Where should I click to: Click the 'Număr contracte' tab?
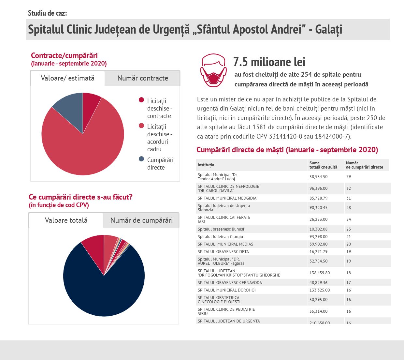(142, 78)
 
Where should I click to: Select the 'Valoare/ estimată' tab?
(67, 78)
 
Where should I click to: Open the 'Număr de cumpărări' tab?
(141, 220)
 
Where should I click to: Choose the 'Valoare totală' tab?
(66, 220)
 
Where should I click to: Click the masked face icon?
(213, 70)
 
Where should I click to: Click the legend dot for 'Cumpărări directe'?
(141, 159)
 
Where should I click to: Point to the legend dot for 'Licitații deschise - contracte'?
(141, 100)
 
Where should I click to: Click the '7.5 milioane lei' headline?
(269, 62)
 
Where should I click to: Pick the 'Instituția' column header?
(206, 165)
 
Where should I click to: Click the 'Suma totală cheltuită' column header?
(323, 165)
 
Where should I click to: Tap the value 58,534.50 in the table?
(318, 177)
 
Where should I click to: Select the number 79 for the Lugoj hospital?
(349, 177)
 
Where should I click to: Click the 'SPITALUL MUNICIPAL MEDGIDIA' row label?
(227, 198)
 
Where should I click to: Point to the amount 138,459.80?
(320, 273)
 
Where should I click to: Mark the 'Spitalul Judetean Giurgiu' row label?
(220, 237)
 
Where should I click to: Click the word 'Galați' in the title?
(329, 30)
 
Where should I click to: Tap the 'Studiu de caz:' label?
(48, 13)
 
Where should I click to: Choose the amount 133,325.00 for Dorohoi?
(320, 290)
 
